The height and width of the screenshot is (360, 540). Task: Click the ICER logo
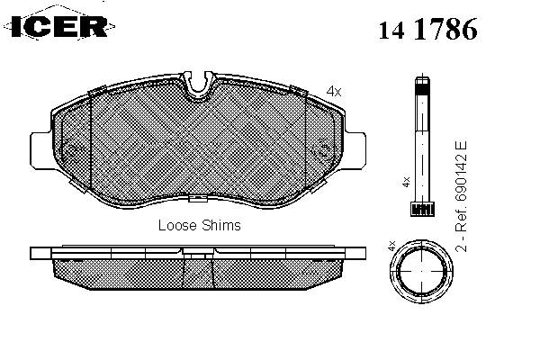pyautogui.click(x=59, y=25)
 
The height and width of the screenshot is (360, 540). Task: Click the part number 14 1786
pyautogui.click(x=428, y=29)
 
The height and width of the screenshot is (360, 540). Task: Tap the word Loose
pyautogui.click(x=177, y=225)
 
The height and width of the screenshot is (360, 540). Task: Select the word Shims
pyautogui.click(x=221, y=225)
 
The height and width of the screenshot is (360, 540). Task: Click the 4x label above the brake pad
pyautogui.click(x=334, y=91)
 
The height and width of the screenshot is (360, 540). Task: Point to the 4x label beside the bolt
pyautogui.click(x=407, y=182)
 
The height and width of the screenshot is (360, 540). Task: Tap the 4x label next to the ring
pyautogui.click(x=391, y=246)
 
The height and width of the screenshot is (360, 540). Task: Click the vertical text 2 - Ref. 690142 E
pyautogui.click(x=461, y=196)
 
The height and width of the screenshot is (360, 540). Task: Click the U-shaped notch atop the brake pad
pyautogui.click(x=198, y=84)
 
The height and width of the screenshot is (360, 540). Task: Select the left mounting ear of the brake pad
pyautogui.click(x=41, y=151)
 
